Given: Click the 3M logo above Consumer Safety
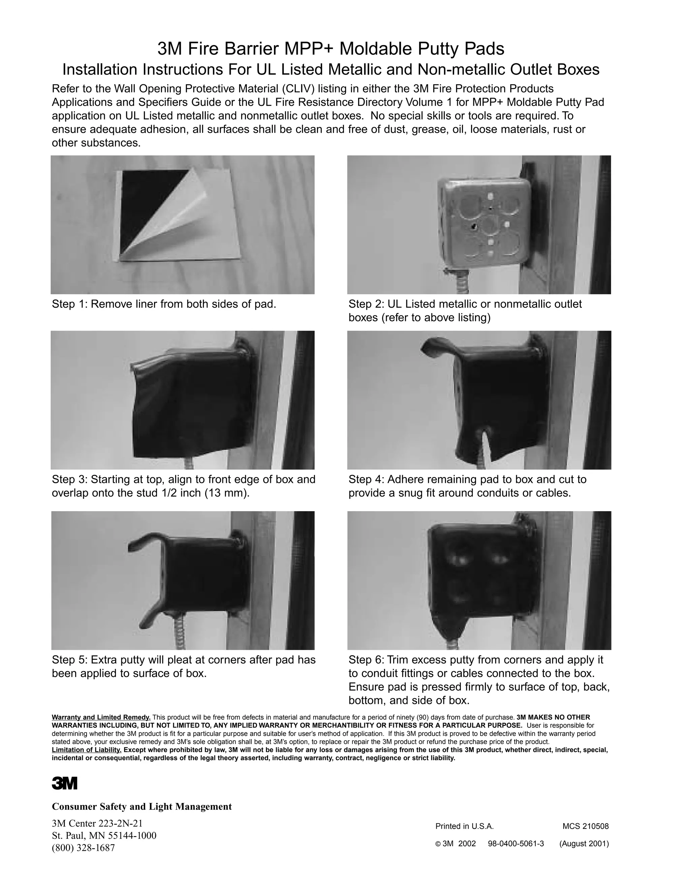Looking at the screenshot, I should pyautogui.click(x=64, y=783).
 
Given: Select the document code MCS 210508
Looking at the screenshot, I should pyautogui.click(x=585, y=826).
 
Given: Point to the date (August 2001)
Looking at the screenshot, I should pyautogui.click(x=584, y=843).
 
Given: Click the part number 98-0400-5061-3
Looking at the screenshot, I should pyautogui.click(x=516, y=843).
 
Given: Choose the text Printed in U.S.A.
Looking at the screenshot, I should pyautogui.click(x=464, y=826).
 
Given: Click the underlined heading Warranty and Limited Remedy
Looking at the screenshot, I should pyautogui.click(x=101, y=717).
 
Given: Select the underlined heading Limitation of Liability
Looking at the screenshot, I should pyautogui.click(x=87, y=750).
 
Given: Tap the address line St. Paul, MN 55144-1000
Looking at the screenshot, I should pyautogui.click(x=104, y=835).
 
